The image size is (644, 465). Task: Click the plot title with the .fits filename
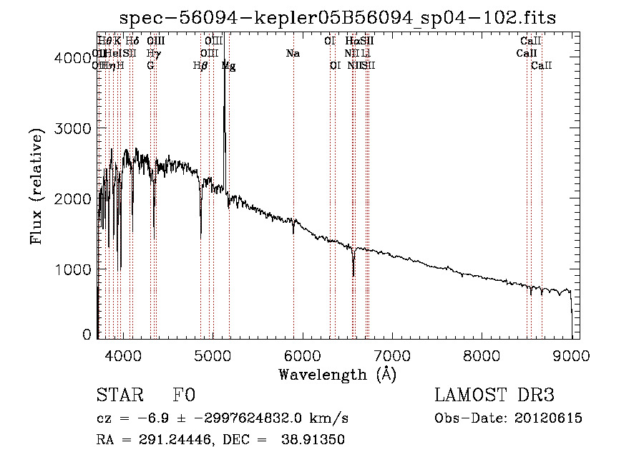click(x=338, y=17)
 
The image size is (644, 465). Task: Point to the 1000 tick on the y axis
click(x=74, y=269)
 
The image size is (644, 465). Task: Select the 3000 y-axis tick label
click(x=74, y=128)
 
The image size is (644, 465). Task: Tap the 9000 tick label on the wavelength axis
click(x=572, y=355)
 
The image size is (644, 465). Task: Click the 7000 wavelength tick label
click(x=391, y=355)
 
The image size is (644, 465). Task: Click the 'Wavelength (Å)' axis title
click(x=338, y=374)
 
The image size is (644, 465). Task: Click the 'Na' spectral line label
click(x=293, y=54)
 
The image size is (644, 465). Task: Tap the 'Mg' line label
click(x=228, y=66)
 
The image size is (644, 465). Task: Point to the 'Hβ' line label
click(x=200, y=66)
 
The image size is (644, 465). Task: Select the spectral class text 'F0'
click(x=185, y=396)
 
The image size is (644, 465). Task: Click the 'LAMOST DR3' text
click(x=494, y=396)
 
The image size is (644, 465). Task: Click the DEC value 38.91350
click(x=315, y=440)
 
